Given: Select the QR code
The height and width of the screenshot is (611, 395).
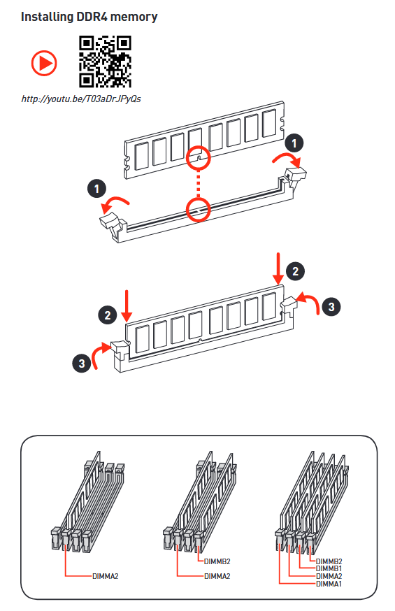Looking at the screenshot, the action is (x=105, y=62).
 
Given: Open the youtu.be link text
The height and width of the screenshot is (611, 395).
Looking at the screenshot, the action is (x=81, y=99).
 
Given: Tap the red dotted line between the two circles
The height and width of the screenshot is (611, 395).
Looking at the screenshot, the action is (x=199, y=184).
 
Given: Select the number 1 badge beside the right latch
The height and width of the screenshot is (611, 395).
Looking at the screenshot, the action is (x=294, y=143).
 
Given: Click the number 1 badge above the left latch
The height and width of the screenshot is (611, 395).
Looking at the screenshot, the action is (x=97, y=189).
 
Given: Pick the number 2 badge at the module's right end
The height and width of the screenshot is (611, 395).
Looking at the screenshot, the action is (x=295, y=271).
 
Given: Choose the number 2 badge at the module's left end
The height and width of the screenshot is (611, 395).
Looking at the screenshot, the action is (x=108, y=315).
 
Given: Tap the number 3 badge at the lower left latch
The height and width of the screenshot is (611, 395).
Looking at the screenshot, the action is (x=81, y=363).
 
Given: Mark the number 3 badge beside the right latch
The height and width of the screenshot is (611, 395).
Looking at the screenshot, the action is (x=331, y=307).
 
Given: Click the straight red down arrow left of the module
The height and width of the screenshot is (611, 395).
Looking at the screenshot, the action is (x=127, y=306).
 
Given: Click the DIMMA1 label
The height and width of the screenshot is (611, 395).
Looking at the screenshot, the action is (x=329, y=584).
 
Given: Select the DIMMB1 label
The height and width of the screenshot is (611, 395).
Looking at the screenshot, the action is (x=329, y=568).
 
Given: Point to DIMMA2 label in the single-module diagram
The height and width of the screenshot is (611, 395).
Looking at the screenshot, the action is (x=105, y=576).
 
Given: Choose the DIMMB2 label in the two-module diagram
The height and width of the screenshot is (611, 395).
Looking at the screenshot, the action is (x=217, y=561).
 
